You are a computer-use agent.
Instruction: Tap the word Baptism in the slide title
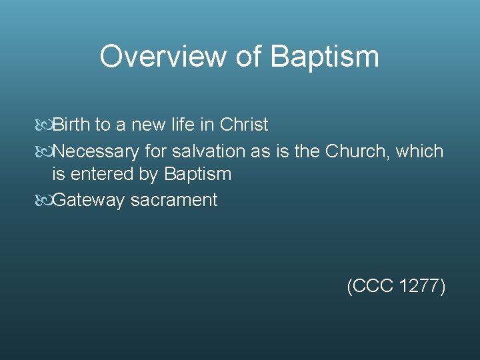click(x=325, y=57)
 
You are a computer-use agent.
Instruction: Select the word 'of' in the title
click(x=249, y=57)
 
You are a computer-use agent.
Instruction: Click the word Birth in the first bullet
click(x=73, y=125)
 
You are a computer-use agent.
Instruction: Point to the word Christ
click(x=244, y=125)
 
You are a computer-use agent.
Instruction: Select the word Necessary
click(x=96, y=151)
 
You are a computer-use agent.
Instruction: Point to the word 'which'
click(x=419, y=151)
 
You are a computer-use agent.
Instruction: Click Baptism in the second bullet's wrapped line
click(x=197, y=175)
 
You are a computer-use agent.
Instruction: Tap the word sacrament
click(x=174, y=200)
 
